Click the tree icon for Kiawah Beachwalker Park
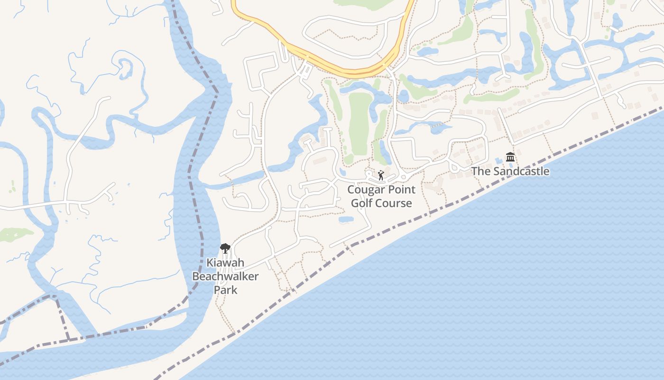225,247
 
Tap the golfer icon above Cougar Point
380,175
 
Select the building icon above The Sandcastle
510,157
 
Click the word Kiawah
225,263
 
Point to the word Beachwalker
225,276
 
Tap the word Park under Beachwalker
225,289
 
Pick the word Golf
362,203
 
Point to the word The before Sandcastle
481,171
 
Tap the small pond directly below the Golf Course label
346,219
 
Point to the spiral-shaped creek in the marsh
124,66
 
